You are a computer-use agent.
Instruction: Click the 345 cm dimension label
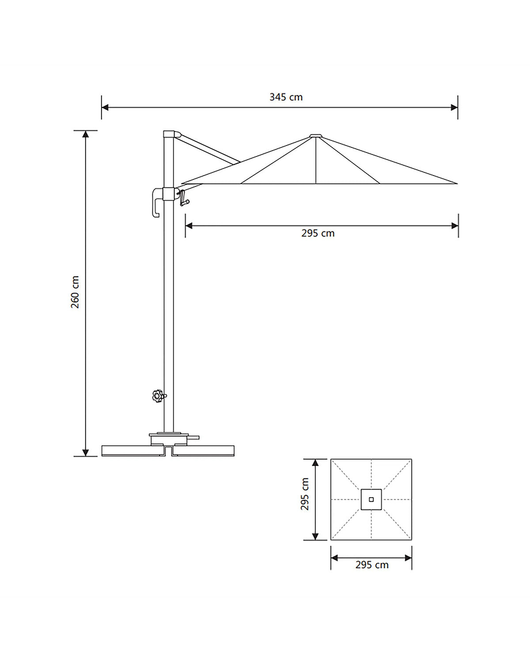286,97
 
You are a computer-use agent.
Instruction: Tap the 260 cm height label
75,292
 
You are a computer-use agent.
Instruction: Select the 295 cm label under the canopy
318,233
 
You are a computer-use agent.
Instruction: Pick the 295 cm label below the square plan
372,565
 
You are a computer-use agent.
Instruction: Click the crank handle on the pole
184,198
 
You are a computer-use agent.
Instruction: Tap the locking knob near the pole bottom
159,396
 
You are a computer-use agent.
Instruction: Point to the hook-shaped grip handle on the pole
157,202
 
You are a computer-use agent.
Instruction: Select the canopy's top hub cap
316,136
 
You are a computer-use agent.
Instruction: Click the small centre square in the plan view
371,499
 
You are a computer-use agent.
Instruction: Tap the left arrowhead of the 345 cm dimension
105,107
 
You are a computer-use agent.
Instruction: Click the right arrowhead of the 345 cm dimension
454,107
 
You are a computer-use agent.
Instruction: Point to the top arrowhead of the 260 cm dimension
86,134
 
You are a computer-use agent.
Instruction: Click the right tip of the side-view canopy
457,183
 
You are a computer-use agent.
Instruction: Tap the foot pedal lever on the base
193,437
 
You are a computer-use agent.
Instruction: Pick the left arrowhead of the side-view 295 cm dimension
189,226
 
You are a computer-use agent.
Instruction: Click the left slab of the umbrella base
133,450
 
